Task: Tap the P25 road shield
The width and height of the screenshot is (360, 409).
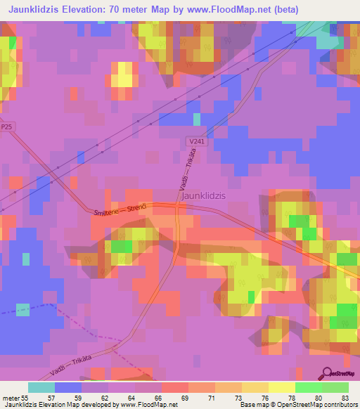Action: (x=7, y=126)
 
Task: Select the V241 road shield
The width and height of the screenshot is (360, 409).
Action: (x=196, y=141)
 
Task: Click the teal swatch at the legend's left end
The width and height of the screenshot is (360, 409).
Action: (x=41, y=387)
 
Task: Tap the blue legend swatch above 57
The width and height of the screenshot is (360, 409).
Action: (x=67, y=387)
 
